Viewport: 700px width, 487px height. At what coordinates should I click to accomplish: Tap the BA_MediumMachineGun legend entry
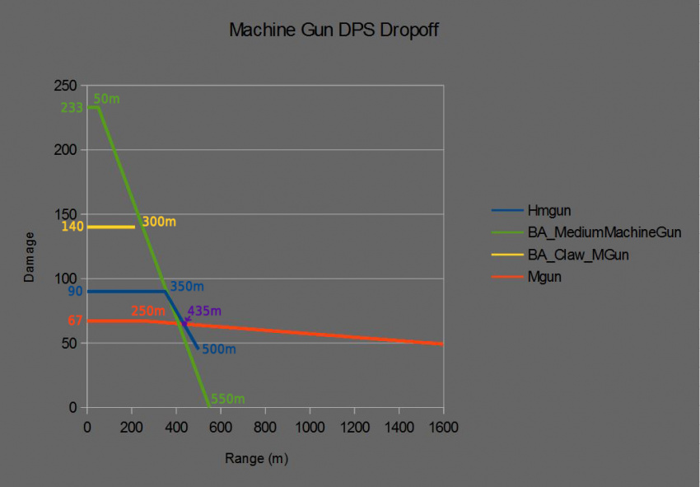tap(604, 233)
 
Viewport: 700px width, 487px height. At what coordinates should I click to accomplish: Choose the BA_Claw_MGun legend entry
tap(578, 255)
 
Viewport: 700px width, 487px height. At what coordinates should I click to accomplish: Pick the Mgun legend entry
tap(544, 278)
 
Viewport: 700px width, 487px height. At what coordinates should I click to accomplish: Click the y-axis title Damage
tap(30, 257)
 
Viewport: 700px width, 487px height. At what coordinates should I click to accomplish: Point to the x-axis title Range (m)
tap(256, 458)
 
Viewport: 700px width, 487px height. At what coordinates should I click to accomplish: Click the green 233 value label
tap(72, 108)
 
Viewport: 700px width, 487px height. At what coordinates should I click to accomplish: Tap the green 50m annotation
tap(106, 99)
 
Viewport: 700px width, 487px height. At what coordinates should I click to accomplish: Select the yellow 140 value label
tap(72, 227)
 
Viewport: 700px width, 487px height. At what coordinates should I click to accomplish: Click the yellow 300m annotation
tap(158, 222)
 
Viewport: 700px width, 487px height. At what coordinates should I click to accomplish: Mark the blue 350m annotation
tap(186, 287)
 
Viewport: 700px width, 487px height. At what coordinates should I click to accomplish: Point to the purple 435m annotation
tap(204, 311)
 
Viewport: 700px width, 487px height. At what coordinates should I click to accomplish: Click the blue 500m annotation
tap(218, 349)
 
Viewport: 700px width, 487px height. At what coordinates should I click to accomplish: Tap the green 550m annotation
tap(227, 400)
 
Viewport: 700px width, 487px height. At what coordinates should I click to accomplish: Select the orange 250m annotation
tap(148, 311)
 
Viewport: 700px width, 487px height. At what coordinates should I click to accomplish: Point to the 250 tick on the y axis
tap(66, 86)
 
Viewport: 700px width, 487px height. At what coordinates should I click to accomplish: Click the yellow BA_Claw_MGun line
tap(110, 227)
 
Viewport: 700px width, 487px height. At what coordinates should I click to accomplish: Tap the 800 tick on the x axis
tap(265, 427)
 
